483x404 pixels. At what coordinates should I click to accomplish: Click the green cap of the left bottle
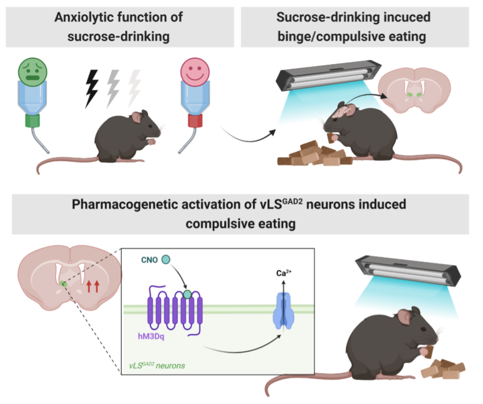(x=33, y=120)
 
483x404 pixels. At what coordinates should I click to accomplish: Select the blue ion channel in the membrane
(x=285, y=309)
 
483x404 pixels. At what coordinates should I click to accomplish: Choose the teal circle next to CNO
(x=165, y=259)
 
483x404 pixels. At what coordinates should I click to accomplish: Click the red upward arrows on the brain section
(x=93, y=286)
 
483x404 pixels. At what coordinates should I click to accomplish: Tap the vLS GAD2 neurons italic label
(x=157, y=366)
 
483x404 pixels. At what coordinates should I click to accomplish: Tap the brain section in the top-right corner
(x=414, y=90)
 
